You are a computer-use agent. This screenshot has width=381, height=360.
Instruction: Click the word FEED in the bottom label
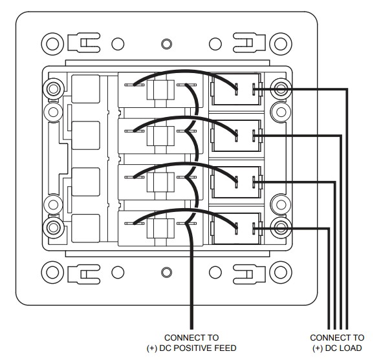pos(223,348)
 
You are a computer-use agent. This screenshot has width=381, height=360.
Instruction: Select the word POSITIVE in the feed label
pos(190,348)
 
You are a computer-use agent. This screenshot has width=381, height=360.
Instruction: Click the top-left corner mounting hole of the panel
pos(52,44)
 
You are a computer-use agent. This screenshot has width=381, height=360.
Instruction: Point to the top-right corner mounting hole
pos(281,44)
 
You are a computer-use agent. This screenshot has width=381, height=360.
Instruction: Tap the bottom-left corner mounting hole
pos(52,272)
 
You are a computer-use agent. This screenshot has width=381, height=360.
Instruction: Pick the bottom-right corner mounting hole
pos(281,272)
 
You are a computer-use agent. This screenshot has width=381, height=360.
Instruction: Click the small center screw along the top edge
pos(166,44)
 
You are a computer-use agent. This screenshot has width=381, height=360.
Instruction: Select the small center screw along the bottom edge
pos(166,272)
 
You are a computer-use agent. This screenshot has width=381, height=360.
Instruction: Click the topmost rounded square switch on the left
pos(85,89)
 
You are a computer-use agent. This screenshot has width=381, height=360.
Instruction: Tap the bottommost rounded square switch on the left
pos(85,228)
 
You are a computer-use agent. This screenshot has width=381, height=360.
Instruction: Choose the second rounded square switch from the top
pos(85,135)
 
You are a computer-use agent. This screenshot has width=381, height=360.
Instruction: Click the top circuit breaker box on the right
pos(236,89)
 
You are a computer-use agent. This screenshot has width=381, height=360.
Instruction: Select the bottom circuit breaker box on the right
pos(236,228)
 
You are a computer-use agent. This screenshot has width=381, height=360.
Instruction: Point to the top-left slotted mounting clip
pos(84,43)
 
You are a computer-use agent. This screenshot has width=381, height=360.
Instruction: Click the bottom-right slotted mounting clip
pos(249,274)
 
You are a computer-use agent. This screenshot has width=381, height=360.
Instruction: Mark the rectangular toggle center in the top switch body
pos(160,90)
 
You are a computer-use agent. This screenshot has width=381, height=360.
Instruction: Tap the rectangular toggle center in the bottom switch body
pos(160,228)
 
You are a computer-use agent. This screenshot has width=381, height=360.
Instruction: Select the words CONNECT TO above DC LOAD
pos(337,337)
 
